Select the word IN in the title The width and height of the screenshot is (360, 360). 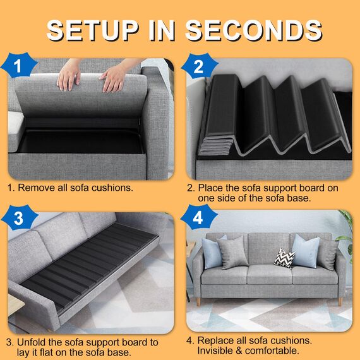[x=166, y=30]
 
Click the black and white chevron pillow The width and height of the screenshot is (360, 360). [x=284, y=258]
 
